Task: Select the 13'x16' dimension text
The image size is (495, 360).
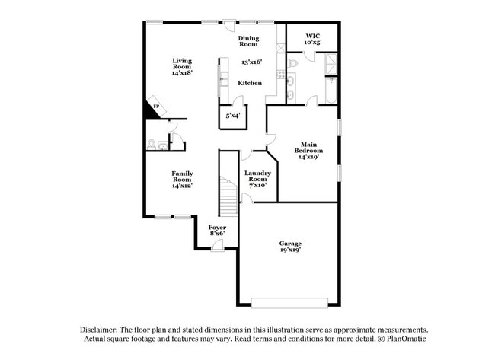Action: pyautogui.click(x=251, y=62)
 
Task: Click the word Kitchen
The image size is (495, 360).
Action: pyautogui.click(x=250, y=83)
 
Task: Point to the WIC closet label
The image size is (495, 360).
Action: pyautogui.click(x=312, y=39)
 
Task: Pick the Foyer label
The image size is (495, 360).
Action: pyautogui.click(x=217, y=229)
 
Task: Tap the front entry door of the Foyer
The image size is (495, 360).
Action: pyautogui.click(x=219, y=244)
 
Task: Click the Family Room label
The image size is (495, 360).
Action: pyautogui.click(x=181, y=178)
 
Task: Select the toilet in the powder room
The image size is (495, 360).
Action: pyautogui.click(x=152, y=143)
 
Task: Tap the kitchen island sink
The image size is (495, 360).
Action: pyautogui.click(x=223, y=77)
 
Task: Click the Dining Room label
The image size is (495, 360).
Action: pyautogui.click(x=248, y=41)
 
